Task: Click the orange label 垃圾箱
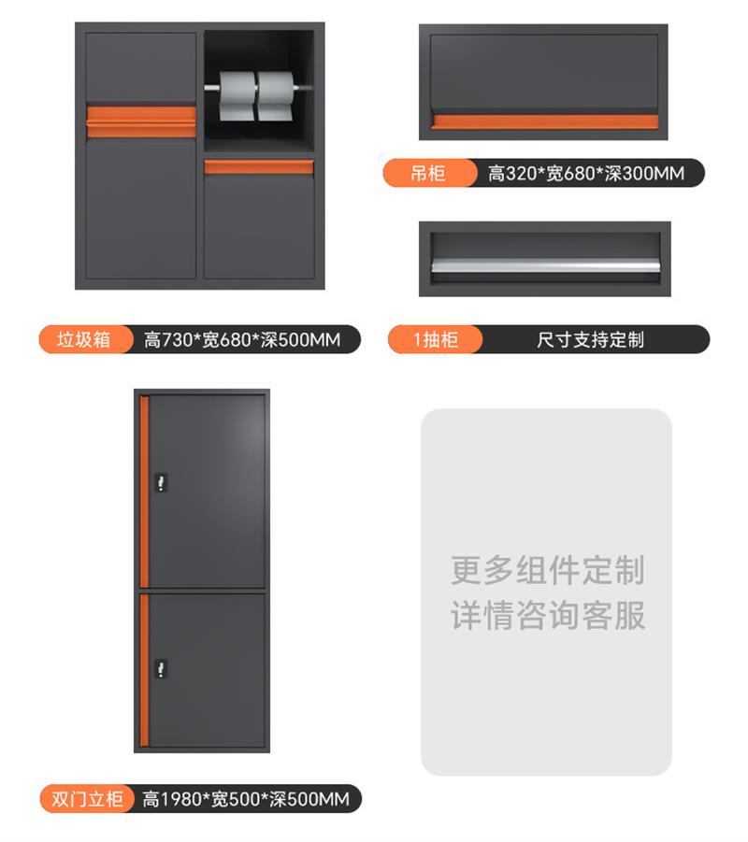(x=84, y=339)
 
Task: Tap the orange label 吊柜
(x=428, y=173)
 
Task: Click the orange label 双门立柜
(x=87, y=798)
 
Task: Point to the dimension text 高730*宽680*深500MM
(x=242, y=340)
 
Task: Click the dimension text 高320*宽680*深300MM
(x=586, y=174)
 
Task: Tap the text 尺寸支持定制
(x=590, y=340)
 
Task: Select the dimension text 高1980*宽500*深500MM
(x=246, y=799)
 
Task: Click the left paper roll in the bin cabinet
(x=237, y=96)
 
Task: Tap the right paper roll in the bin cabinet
(x=276, y=96)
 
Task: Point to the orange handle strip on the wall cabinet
(x=545, y=121)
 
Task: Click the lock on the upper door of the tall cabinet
(x=161, y=481)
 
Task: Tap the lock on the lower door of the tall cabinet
(x=161, y=668)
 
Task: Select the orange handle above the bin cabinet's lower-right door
(x=258, y=167)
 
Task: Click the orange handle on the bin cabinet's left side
(x=141, y=121)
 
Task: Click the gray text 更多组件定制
(x=547, y=570)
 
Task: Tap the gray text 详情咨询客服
(x=547, y=616)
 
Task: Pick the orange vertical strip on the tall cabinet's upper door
(x=144, y=492)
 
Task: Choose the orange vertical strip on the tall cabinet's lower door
(x=144, y=670)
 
